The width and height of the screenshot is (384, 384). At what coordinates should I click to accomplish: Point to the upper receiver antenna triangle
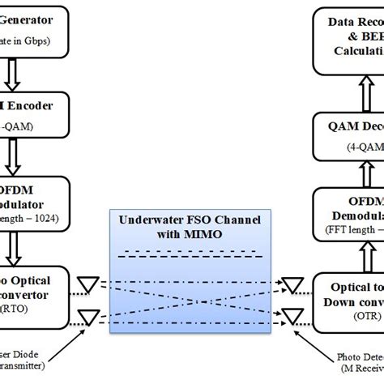291,284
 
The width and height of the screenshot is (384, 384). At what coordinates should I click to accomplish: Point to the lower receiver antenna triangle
291,315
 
